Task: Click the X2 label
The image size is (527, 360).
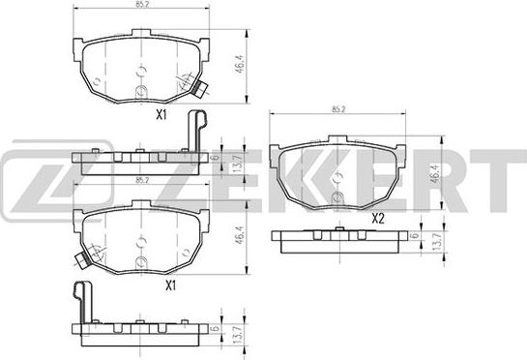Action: click(x=378, y=219)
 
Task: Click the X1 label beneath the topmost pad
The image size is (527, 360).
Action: click(x=161, y=115)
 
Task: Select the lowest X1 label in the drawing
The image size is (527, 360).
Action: click(x=171, y=286)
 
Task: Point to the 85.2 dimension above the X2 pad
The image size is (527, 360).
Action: click(x=338, y=109)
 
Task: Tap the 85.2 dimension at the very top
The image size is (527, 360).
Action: click(x=142, y=6)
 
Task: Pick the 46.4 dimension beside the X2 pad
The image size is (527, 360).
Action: click(x=436, y=173)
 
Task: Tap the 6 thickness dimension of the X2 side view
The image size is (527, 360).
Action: click(x=416, y=235)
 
